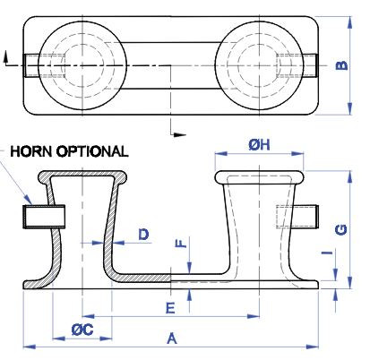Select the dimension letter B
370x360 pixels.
point(340,65)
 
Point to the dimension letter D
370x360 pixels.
point(143,234)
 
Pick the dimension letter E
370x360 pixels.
point(169,308)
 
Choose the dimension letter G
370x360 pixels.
point(340,230)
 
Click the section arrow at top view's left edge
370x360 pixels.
point(7,59)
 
